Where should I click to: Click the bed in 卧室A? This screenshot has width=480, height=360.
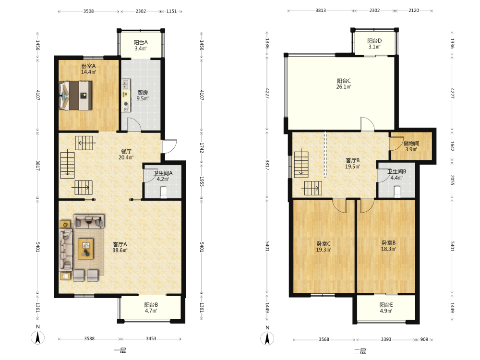coord(76,96)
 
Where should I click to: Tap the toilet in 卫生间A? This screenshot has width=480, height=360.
coord(164,192)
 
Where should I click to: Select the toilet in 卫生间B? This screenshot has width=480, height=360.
coord(397,192)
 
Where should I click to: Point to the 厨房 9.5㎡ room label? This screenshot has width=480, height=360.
coord(143,95)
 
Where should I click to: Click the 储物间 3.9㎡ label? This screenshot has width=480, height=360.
coord(411,146)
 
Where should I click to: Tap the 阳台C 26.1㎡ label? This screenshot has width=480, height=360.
coord(344,84)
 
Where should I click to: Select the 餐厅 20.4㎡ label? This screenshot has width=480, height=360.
coord(126,154)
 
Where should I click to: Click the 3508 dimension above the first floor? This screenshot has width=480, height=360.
coord(88,12)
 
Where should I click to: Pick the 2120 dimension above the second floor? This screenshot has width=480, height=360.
coord(414,11)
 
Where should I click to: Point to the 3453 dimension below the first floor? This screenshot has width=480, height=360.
coord(151,338)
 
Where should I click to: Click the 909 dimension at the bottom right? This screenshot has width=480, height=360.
coord(424,339)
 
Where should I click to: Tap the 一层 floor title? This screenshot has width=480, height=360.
coord(120,350)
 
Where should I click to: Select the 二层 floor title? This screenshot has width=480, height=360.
coord(360,351)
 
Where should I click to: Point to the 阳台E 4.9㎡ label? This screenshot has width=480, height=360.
coord(386,308)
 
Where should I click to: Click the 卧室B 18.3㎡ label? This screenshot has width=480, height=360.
coord(388,245)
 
